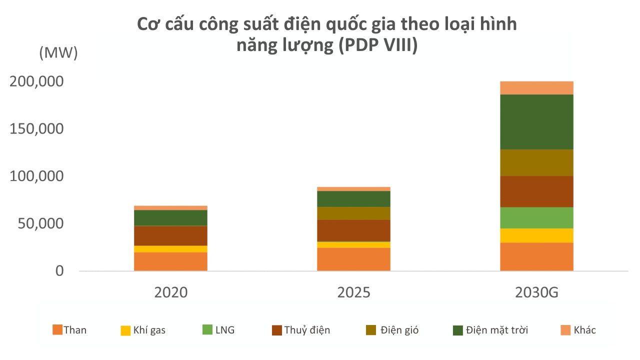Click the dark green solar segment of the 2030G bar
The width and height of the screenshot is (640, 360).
click(x=536, y=121)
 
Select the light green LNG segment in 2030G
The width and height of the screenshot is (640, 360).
click(x=536, y=217)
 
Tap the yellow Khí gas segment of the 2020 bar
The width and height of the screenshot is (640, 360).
click(x=171, y=248)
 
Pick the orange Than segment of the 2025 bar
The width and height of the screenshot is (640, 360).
click(x=353, y=259)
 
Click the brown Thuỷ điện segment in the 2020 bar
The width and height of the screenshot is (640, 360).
click(x=171, y=235)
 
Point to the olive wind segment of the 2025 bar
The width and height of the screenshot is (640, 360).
click(x=353, y=213)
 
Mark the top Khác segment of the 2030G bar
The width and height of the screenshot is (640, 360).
click(x=536, y=87)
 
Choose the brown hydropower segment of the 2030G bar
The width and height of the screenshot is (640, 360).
click(x=536, y=191)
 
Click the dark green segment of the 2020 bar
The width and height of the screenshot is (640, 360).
click(x=171, y=217)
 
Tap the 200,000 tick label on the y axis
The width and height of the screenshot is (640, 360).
click(x=36, y=81)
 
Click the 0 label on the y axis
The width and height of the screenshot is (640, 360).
click(x=59, y=271)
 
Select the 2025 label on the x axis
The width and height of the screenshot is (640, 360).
click(x=353, y=292)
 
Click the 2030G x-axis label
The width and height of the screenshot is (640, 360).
click(x=536, y=292)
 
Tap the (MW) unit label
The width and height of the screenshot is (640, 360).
click(x=58, y=53)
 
